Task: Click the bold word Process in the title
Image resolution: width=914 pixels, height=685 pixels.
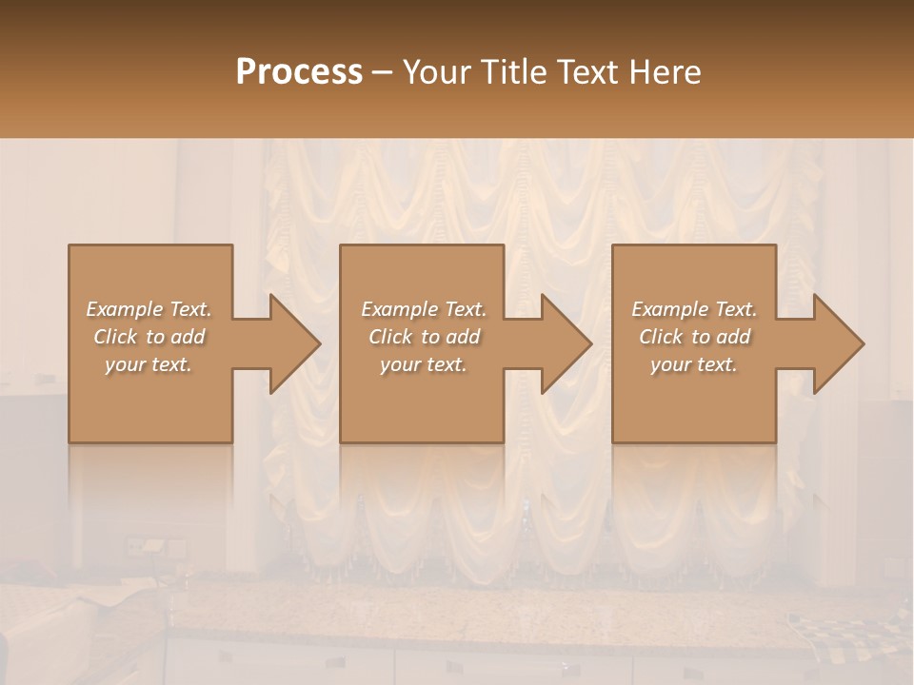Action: (x=299, y=72)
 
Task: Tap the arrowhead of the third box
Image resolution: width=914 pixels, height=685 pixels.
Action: (x=838, y=343)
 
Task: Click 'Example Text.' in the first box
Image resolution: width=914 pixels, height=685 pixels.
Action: (x=149, y=309)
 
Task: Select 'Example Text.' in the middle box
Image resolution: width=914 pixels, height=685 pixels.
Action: (x=423, y=309)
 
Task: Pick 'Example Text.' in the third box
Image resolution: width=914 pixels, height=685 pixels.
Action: (x=694, y=309)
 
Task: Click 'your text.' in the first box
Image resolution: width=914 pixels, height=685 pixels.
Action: (x=149, y=364)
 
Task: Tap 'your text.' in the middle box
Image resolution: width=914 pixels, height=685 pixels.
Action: (x=423, y=364)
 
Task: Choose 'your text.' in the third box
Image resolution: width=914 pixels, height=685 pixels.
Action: (x=694, y=364)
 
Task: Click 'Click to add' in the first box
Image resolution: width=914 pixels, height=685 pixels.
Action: (x=149, y=337)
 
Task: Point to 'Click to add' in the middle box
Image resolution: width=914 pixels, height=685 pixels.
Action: (x=423, y=337)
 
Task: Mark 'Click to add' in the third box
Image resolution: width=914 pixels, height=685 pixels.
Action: (x=694, y=337)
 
